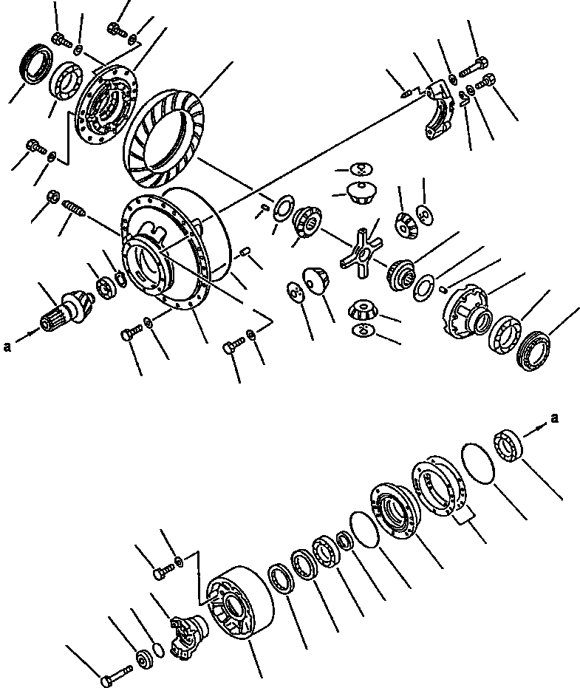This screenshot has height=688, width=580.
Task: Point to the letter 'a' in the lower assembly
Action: click(x=555, y=419)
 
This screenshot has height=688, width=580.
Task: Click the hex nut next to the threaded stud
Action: click(x=52, y=197)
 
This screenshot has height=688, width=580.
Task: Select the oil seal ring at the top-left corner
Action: click(x=33, y=64)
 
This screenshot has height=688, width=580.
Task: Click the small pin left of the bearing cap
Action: click(x=404, y=92)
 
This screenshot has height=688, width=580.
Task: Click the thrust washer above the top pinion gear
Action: click(x=361, y=168)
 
